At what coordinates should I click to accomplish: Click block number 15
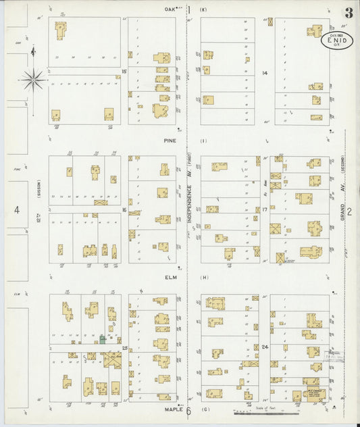click(124, 70)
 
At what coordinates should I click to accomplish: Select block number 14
click(265, 72)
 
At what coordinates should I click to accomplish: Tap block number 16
click(124, 210)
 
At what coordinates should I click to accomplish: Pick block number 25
click(124, 347)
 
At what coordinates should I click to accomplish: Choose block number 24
click(265, 347)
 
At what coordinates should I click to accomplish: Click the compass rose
click(32, 80)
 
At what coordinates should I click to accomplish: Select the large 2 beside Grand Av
click(349, 211)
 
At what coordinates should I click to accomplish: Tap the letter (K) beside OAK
click(203, 9)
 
